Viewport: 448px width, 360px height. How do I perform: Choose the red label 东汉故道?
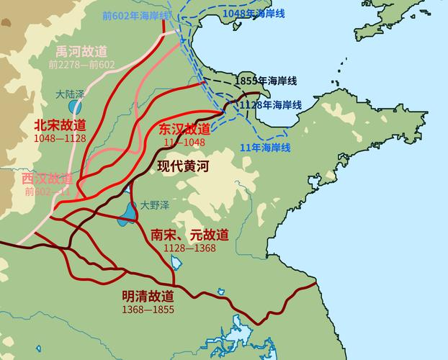pyautogui.click(x=185, y=129)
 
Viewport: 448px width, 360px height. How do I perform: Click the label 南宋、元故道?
pyautogui.click(x=189, y=235)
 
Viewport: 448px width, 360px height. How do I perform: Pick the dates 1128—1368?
pyautogui.click(x=189, y=248)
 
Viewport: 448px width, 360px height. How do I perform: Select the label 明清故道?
pyautogui.click(x=148, y=296)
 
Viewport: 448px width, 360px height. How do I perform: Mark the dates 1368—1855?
pyautogui.click(x=148, y=309)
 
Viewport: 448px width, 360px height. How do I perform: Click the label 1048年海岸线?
pyautogui.click(x=250, y=14)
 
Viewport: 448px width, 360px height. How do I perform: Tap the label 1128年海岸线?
pyautogui.click(x=270, y=105)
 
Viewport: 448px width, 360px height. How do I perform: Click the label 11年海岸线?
pyautogui.click(x=264, y=148)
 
